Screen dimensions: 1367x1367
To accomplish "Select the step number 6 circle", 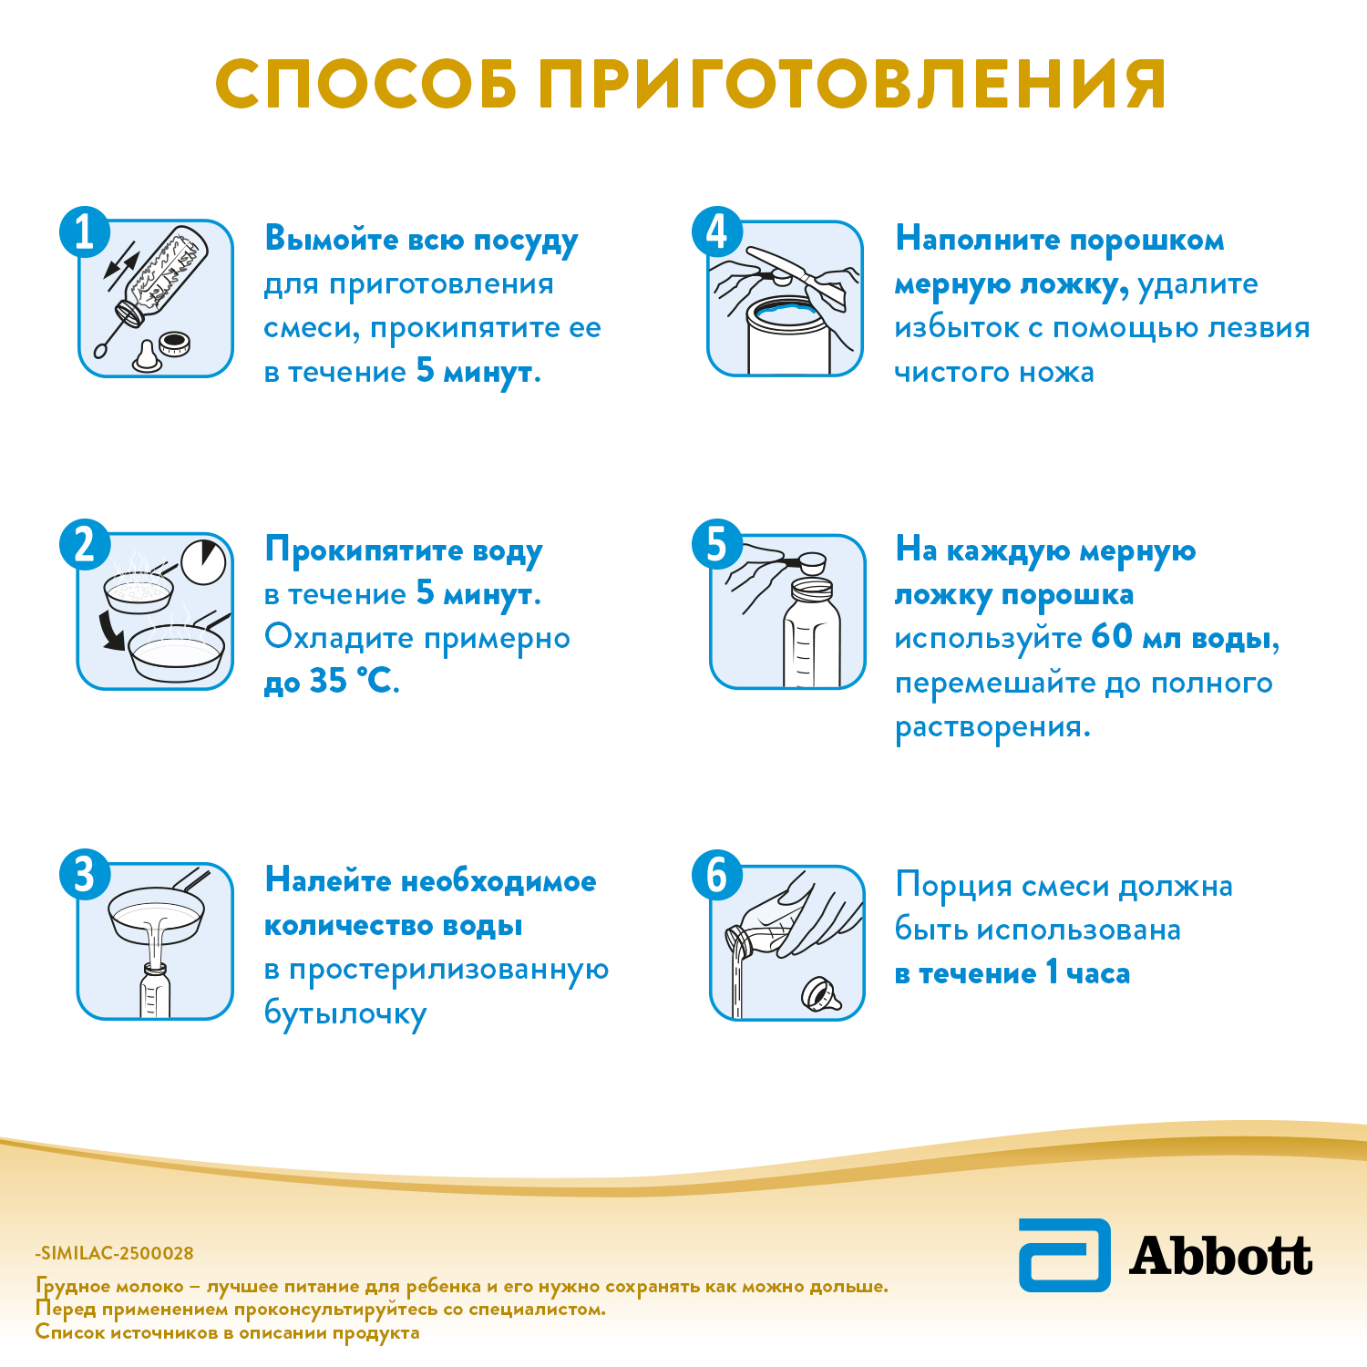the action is coord(717,875).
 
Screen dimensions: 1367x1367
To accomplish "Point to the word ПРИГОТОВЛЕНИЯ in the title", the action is coord(852,86).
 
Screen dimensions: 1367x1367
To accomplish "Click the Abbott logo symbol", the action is coord(1064,1255).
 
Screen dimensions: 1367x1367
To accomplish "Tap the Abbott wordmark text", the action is coord(1221,1256).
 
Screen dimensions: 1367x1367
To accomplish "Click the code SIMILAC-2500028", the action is coord(117,1253).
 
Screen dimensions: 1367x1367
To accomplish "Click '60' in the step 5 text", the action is coord(1112,637).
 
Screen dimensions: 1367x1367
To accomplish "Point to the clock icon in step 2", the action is coord(203,562).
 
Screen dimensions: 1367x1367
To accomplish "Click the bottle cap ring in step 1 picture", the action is coord(173,344).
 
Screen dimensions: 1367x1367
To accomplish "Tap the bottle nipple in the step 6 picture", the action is coord(822,995).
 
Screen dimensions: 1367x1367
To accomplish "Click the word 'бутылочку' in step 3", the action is coord(345,1014).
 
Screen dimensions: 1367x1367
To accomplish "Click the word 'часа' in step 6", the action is coord(1098,974).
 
